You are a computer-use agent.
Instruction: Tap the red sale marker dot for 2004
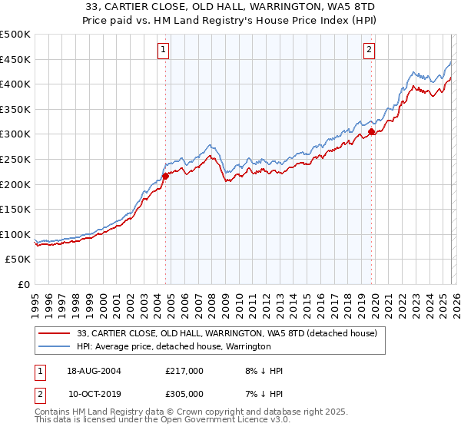pos(165,176)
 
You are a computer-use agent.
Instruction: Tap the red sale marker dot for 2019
pos(371,132)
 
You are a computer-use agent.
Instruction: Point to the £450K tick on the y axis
pos(15,59)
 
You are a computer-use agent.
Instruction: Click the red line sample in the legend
pos(55,334)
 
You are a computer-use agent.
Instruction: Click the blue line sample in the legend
pos(55,347)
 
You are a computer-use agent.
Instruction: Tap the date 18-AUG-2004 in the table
pos(93,371)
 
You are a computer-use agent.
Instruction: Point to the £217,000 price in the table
pos(184,371)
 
